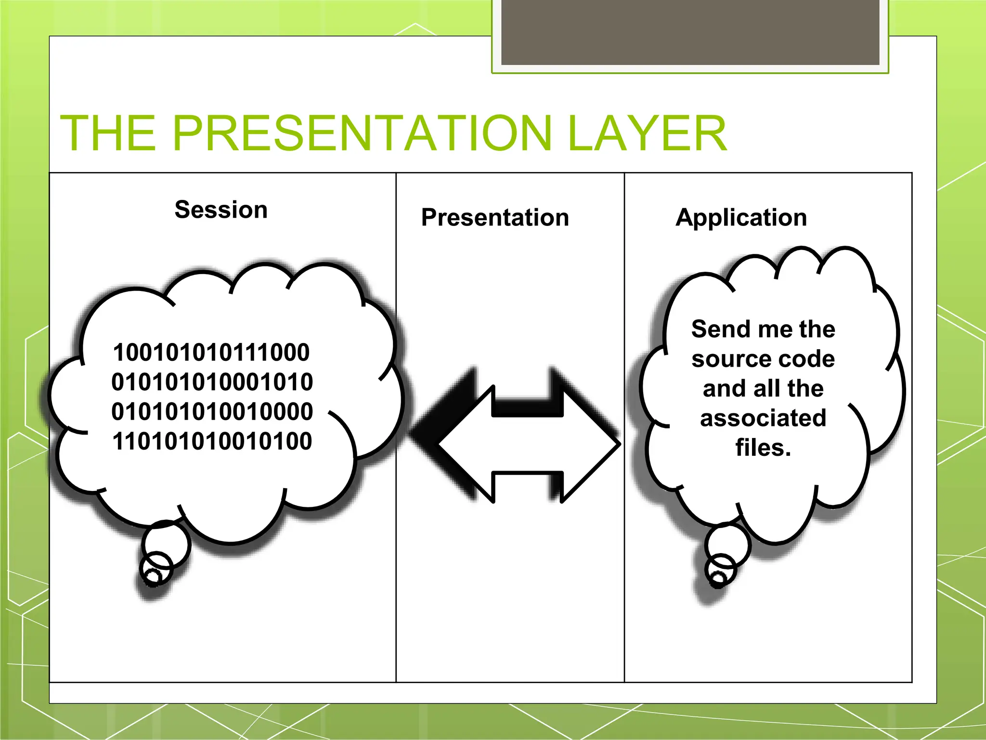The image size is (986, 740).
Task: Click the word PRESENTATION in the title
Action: (361, 133)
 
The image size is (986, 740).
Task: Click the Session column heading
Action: (221, 210)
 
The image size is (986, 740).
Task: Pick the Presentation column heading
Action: (495, 217)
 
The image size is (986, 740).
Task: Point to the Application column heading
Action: (741, 217)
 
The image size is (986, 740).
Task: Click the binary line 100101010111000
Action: (211, 352)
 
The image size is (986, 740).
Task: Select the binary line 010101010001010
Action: (212, 382)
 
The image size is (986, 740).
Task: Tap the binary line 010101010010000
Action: (212, 411)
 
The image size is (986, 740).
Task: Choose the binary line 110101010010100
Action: (212, 441)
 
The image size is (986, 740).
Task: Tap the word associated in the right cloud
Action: (763, 418)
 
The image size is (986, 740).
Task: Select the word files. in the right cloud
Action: (763, 448)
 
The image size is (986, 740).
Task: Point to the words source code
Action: (763, 359)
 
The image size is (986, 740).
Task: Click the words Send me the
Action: (763, 329)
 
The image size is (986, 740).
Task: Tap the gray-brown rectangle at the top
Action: (690, 31)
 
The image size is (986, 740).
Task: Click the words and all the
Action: (763, 388)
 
